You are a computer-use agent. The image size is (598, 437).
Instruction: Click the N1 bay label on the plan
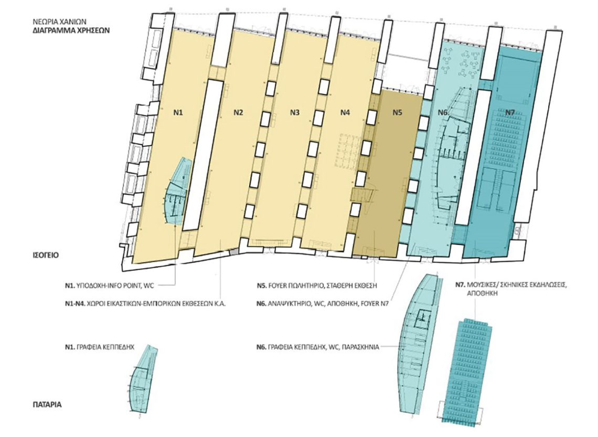(x=178, y=112)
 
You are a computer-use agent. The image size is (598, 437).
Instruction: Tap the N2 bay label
(x=238, y=112)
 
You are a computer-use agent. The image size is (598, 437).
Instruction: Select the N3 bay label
(x=294, y=112)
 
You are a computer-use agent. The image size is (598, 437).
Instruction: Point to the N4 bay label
(x=345, y=112)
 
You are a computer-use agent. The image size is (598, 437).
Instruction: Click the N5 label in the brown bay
(x=398, y=112)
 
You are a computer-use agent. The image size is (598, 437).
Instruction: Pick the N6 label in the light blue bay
(x=443, y=112)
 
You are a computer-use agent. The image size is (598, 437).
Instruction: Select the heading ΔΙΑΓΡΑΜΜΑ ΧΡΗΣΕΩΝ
(x=71, y=30)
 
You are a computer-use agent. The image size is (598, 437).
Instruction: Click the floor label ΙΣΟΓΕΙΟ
(x=46, y=255)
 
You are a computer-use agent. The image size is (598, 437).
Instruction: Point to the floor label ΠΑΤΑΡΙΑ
(x=47, y=404)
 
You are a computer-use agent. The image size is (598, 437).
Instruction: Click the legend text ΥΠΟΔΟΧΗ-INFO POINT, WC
(x=118, y=284)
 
